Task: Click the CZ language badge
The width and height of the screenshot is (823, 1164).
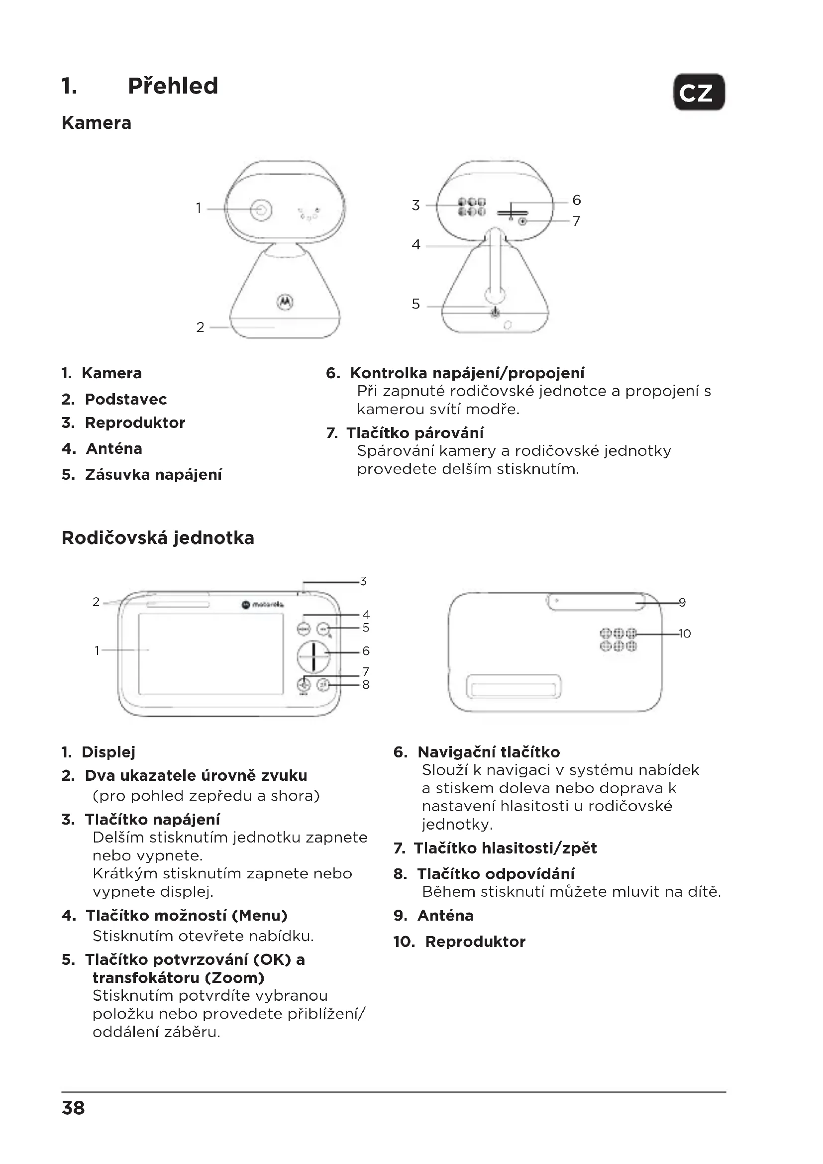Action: coord(698,92)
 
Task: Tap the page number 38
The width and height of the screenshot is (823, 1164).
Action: coord(73,1108)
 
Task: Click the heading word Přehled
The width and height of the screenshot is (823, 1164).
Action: coord(173,86)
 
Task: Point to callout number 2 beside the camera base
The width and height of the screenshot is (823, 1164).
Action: coord(200,327)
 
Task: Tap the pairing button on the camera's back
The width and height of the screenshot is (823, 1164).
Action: coord(522,221)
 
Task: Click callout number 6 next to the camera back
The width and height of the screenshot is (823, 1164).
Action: coord(576,200)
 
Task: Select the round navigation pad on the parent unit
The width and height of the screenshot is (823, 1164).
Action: coord(313,656)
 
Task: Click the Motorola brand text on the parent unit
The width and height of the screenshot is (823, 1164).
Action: coord(268,604)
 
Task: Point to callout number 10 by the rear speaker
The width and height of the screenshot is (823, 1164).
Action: coord(684,634)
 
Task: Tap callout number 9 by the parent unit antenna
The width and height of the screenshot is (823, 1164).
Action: coord(682,602)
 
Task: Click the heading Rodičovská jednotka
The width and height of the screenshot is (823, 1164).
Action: coord(158,538)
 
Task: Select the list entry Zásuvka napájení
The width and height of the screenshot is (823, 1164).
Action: coord(153,475)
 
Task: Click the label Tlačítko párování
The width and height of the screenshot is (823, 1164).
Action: coord(414,433)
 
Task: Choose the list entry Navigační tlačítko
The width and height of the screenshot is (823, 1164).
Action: coord(489,752)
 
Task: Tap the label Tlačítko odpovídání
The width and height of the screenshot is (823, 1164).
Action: coord(496,873)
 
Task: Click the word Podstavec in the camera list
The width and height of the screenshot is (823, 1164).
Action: coord(126,399)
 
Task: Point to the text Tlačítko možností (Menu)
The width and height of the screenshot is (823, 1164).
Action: coord(186,915)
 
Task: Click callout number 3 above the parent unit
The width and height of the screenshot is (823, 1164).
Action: coord(363,581)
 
